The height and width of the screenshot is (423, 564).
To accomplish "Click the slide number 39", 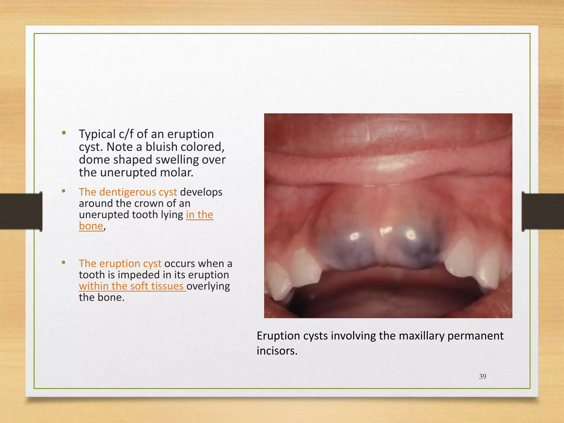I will coord(482,376).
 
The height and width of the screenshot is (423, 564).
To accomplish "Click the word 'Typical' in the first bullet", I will coord(97,134).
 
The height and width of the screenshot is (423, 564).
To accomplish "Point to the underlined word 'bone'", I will coord(91,226).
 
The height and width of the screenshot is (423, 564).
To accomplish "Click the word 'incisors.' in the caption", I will coord(277,351).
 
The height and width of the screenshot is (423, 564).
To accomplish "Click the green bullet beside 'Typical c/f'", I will coord(64,133).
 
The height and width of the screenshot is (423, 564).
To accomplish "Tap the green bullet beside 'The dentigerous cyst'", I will coord(64,191).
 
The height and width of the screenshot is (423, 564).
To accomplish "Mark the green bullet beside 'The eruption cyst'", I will coord(64,262).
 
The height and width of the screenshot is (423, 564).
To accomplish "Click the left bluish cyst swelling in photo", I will coord(347,248).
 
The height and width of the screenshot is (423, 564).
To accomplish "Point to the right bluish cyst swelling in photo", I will coord(416,248).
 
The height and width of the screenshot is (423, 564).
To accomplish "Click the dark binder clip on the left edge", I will coord(21,211).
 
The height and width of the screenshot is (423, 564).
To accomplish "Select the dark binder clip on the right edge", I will coord(543,211).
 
